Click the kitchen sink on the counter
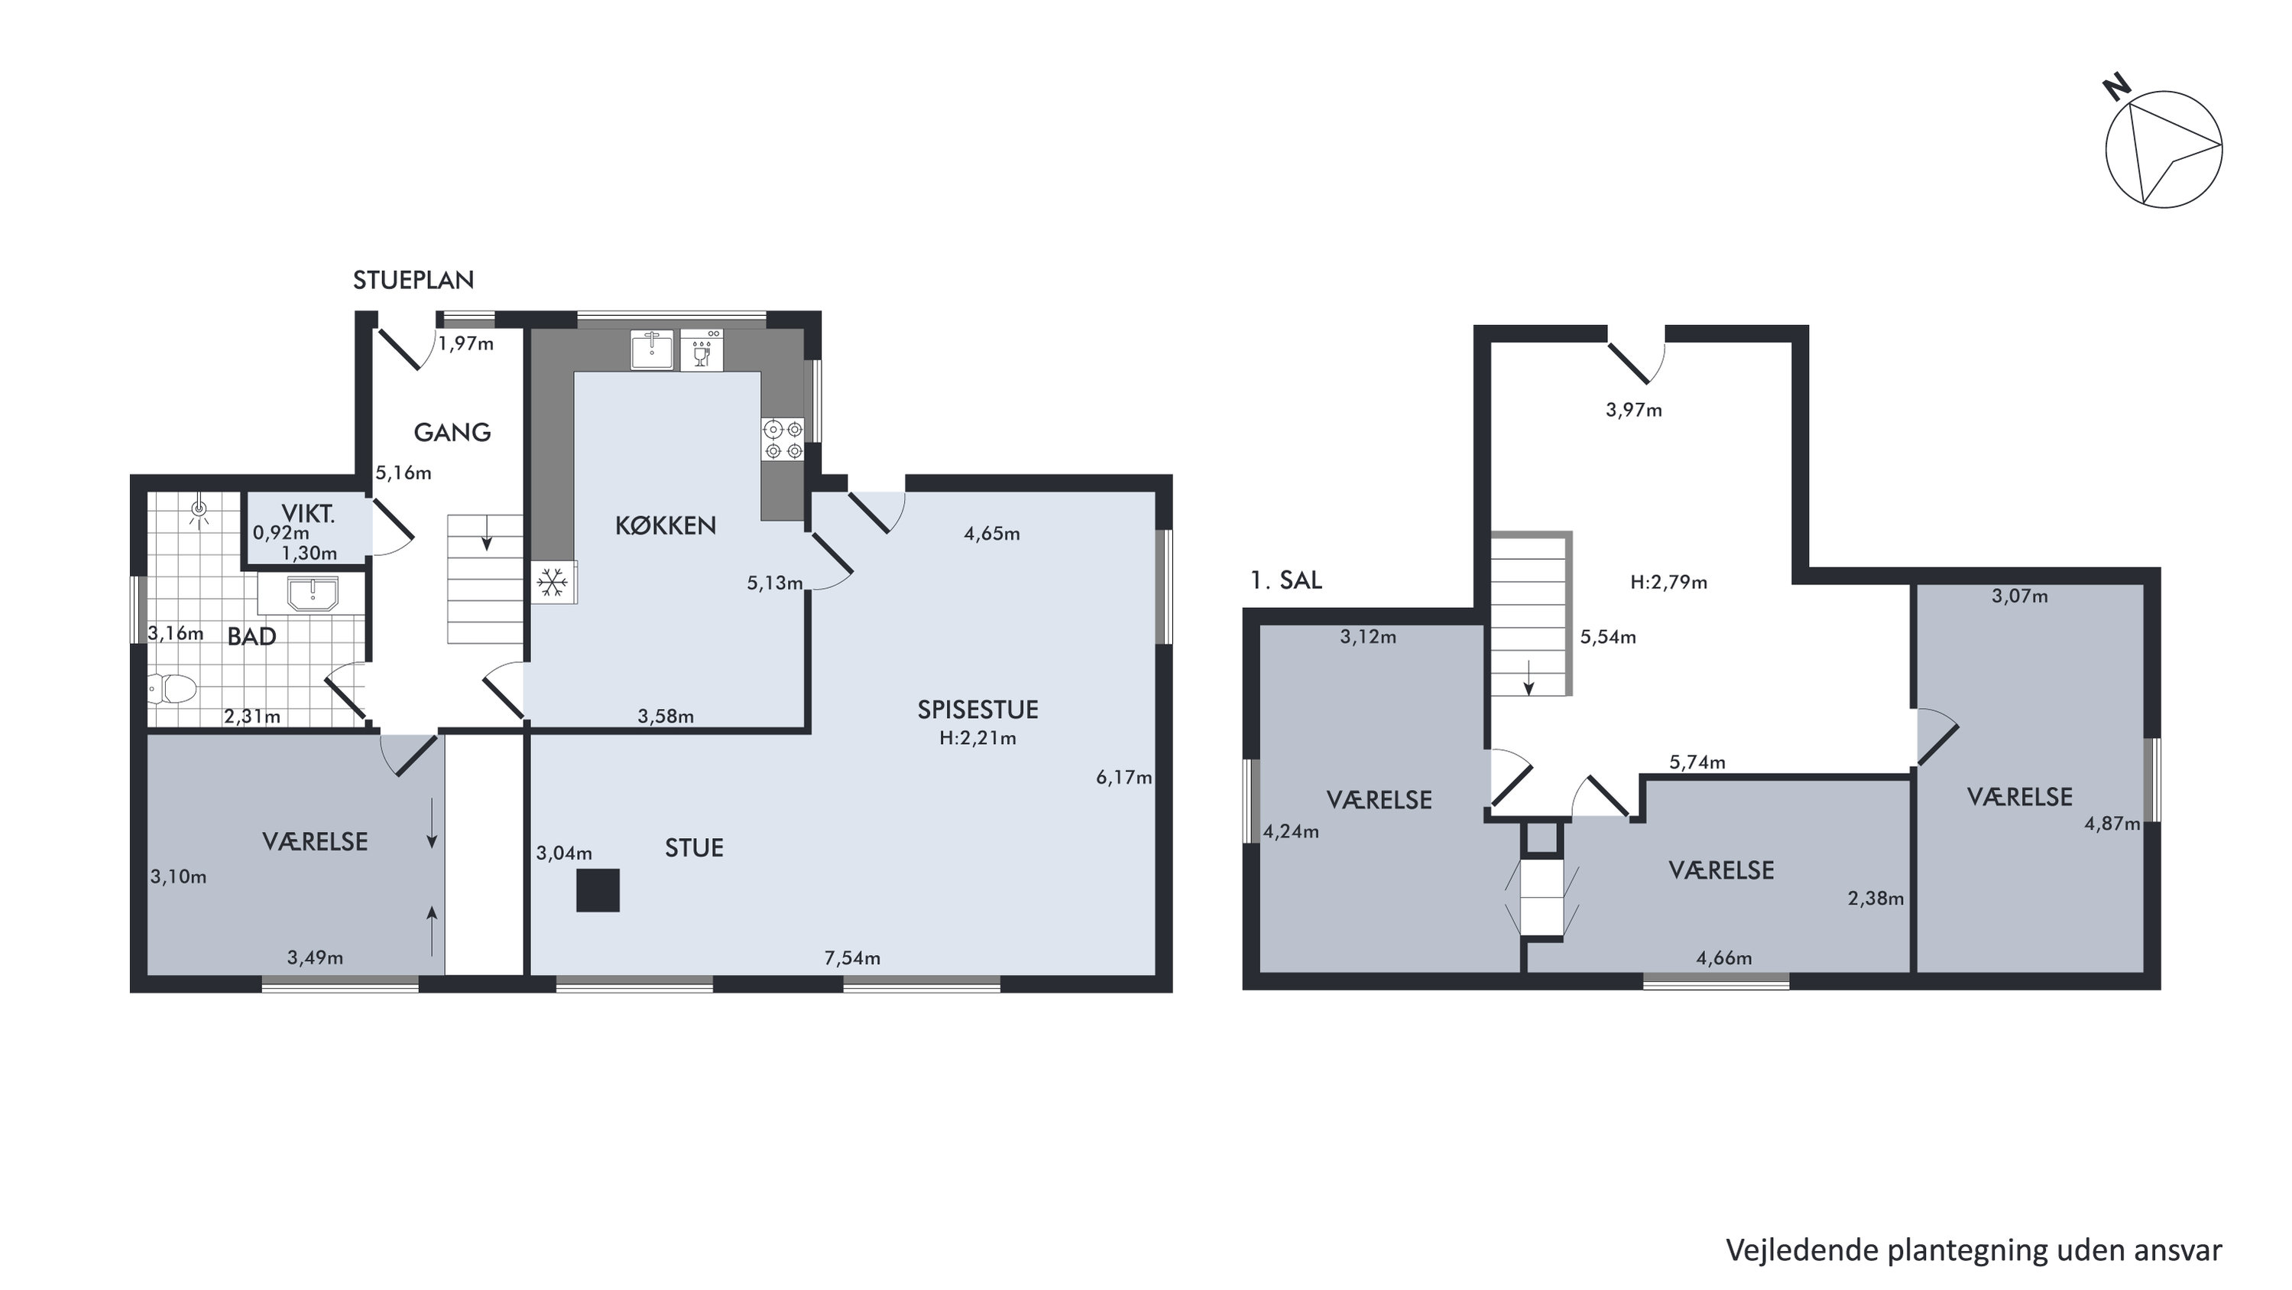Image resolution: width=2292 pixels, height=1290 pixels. pos(652,349)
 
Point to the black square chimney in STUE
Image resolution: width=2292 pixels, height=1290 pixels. pos(598,890)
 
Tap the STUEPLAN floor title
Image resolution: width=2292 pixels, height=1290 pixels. pos(413,281)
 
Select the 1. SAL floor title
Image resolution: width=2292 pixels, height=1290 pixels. pos(1285,580)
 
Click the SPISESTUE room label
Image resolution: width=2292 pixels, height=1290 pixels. pos(977,710)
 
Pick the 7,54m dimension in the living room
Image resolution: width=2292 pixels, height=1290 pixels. pos(852,958)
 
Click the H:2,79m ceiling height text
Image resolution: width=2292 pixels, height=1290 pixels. pos(1668,582)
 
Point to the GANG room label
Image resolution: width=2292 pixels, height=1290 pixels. pos(452,433)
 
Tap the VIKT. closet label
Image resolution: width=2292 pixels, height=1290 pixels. pos(308,514)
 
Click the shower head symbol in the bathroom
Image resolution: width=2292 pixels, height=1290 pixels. pos(199,509)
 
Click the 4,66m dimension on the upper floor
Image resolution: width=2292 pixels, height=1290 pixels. pos(1723,958)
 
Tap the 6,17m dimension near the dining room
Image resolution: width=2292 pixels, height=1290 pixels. pos(1123,777)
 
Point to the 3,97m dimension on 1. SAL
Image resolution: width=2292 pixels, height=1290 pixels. pos(1633,411)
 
